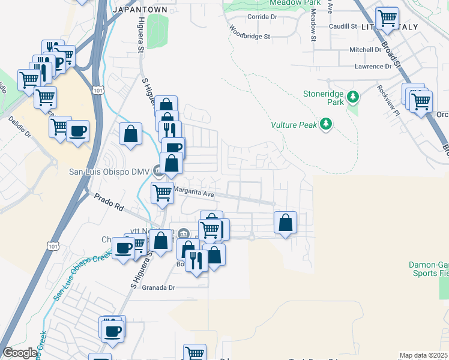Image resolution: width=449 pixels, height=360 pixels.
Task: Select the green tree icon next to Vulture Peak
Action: [326, 124]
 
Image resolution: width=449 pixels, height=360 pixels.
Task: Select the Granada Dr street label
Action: [158, 287]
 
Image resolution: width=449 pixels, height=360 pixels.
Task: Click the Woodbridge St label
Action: [250, 37]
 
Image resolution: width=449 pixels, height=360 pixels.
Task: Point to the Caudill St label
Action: [343, 27]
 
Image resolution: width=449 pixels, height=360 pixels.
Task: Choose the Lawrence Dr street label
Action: [372, 67]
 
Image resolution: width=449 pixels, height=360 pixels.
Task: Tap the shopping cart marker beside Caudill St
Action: [387, 18]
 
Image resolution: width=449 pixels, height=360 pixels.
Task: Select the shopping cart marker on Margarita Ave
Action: [162, 193]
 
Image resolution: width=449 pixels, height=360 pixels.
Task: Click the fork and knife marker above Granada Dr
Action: [196, 260]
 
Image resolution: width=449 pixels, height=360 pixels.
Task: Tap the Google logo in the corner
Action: [20, 353]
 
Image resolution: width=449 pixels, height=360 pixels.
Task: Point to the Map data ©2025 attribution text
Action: [423, 355]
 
